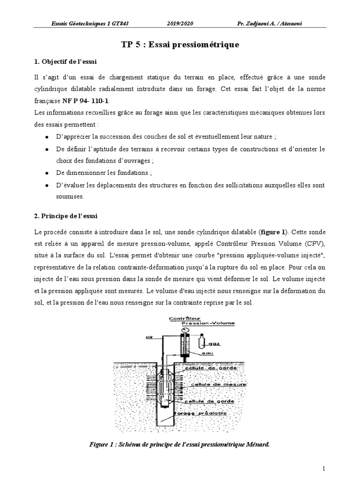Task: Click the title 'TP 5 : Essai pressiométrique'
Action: tap(180, 45)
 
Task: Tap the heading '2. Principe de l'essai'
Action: tap(66, 216)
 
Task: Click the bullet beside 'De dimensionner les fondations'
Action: tap(46, 172)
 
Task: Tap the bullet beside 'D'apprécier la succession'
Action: tap(46, 137)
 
